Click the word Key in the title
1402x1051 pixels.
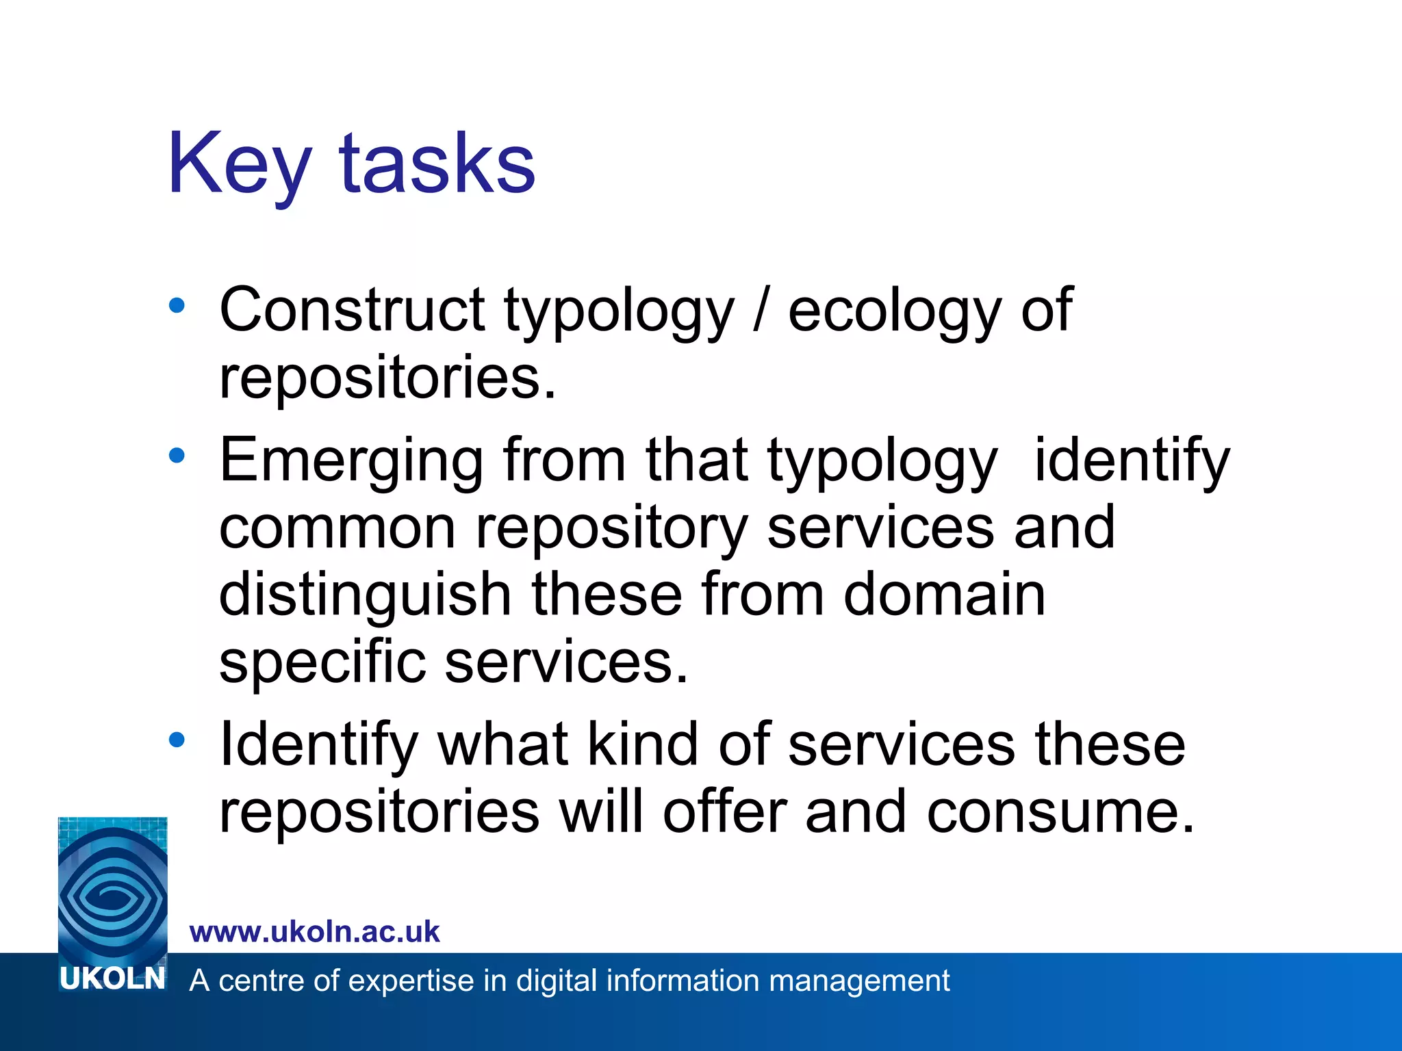240,164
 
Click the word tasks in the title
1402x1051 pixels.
437,164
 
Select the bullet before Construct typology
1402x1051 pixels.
177,306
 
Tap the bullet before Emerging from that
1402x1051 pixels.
177,455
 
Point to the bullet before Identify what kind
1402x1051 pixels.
177,740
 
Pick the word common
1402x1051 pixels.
337,528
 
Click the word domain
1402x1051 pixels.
944,594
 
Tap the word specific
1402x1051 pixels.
322,662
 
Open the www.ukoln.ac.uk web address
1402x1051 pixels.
315,932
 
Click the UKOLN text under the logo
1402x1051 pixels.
113,978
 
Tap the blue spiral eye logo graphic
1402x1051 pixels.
113,890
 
